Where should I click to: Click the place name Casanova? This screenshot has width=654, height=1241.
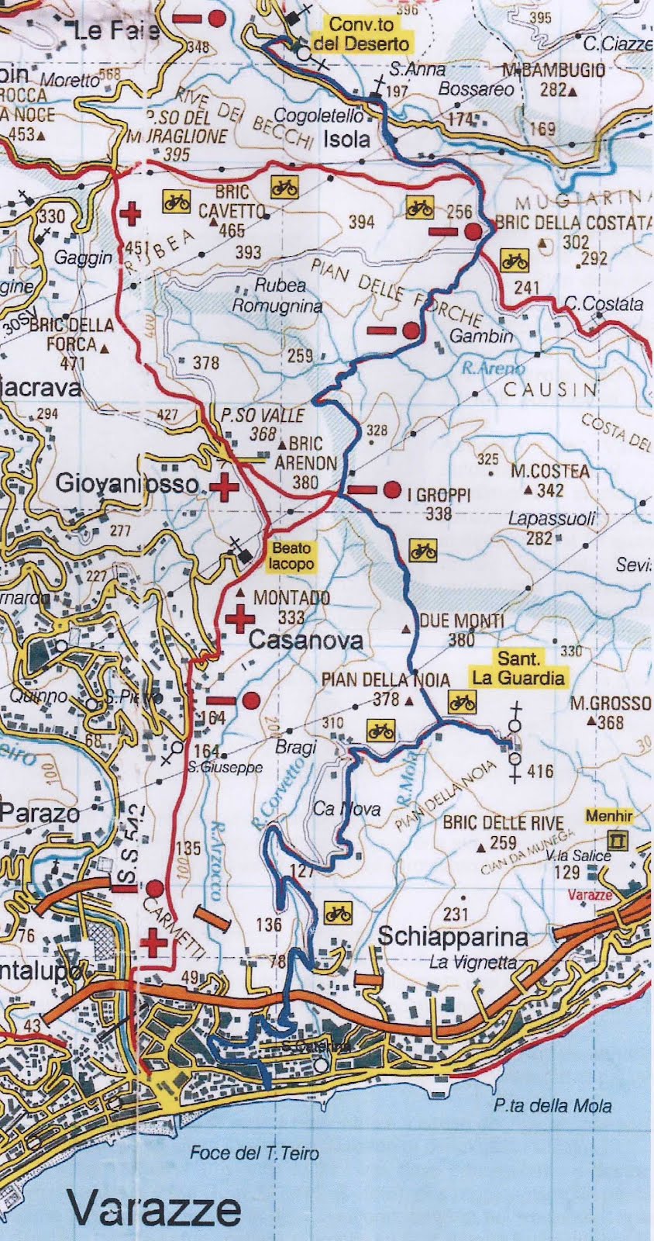(x=294, y=641)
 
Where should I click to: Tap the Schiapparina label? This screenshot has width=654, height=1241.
(x=453, y=937)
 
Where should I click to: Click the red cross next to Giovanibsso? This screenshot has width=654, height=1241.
(x=225, y=488)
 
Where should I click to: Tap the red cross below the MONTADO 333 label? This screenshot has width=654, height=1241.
(x=240, y=619)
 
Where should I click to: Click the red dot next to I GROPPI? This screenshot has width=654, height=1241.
(x=391, y=489)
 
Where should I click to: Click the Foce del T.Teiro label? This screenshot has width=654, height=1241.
(x=254, y=1153)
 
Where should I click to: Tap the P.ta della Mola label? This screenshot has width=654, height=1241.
(x=552, y=1106)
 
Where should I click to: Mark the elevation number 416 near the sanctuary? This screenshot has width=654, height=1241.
(x=539, y=771)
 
